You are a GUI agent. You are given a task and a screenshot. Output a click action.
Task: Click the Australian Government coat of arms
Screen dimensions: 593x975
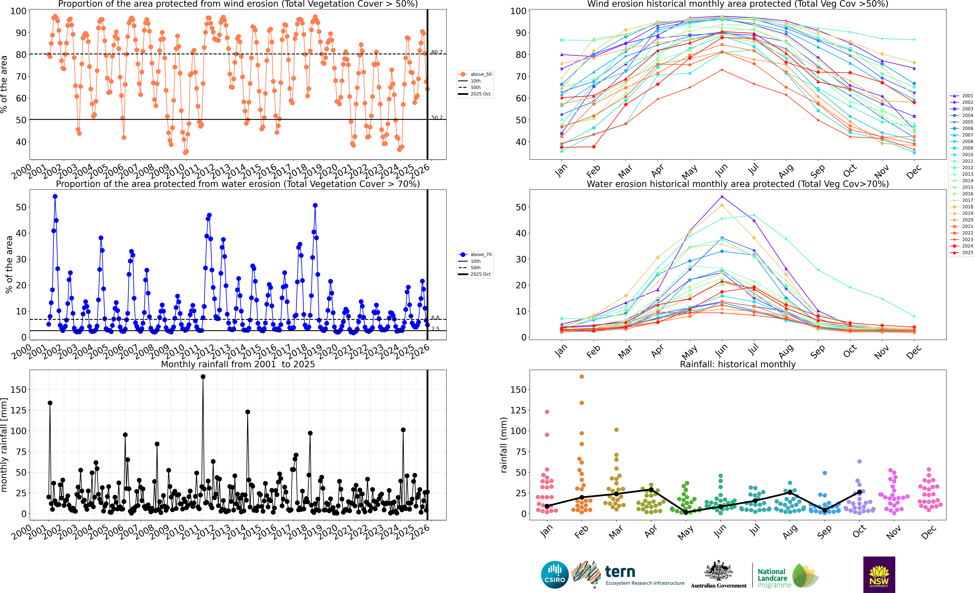(x=718, y=571)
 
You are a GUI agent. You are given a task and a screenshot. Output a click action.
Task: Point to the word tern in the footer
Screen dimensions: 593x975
(x=620, y=572)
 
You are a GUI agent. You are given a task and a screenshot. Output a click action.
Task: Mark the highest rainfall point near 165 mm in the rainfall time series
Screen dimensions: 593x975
(x=203, y=377)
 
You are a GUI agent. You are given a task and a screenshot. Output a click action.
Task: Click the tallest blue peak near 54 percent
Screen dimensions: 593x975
(x=55, y=196)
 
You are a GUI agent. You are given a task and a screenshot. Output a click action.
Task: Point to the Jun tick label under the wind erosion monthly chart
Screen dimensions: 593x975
(x=721, y=170)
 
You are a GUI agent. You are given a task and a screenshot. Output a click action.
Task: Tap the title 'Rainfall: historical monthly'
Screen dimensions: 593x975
(x=738, y=364)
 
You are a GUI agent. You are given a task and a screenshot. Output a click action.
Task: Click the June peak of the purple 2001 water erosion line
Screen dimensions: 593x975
(x=722, y=196)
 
